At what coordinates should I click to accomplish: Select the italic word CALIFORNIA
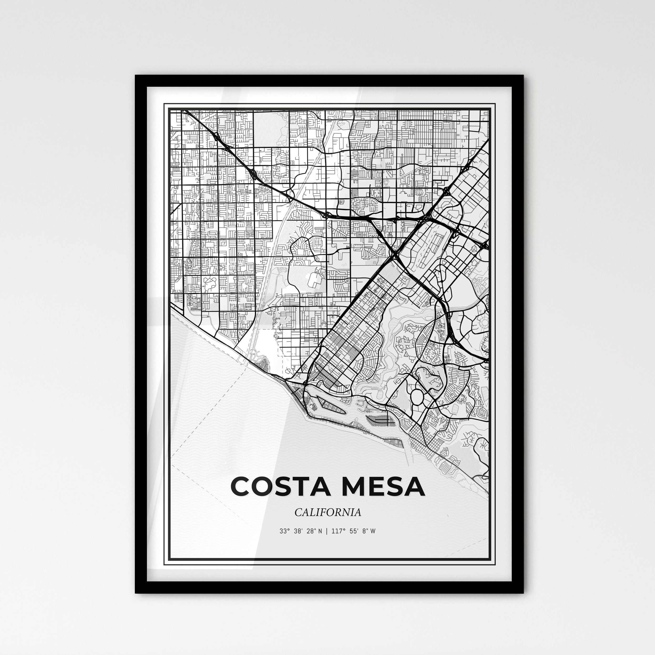[x=327, y=512]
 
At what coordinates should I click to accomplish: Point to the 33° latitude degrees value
[x=284, y=531]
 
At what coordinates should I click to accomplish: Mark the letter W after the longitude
[x=373, y=531]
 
